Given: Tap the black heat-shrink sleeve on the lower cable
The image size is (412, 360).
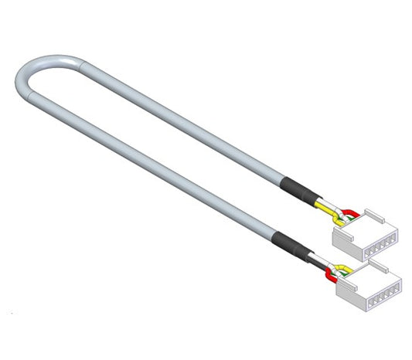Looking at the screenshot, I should [288, 243].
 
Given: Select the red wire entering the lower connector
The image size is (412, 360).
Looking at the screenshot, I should [332, 273].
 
